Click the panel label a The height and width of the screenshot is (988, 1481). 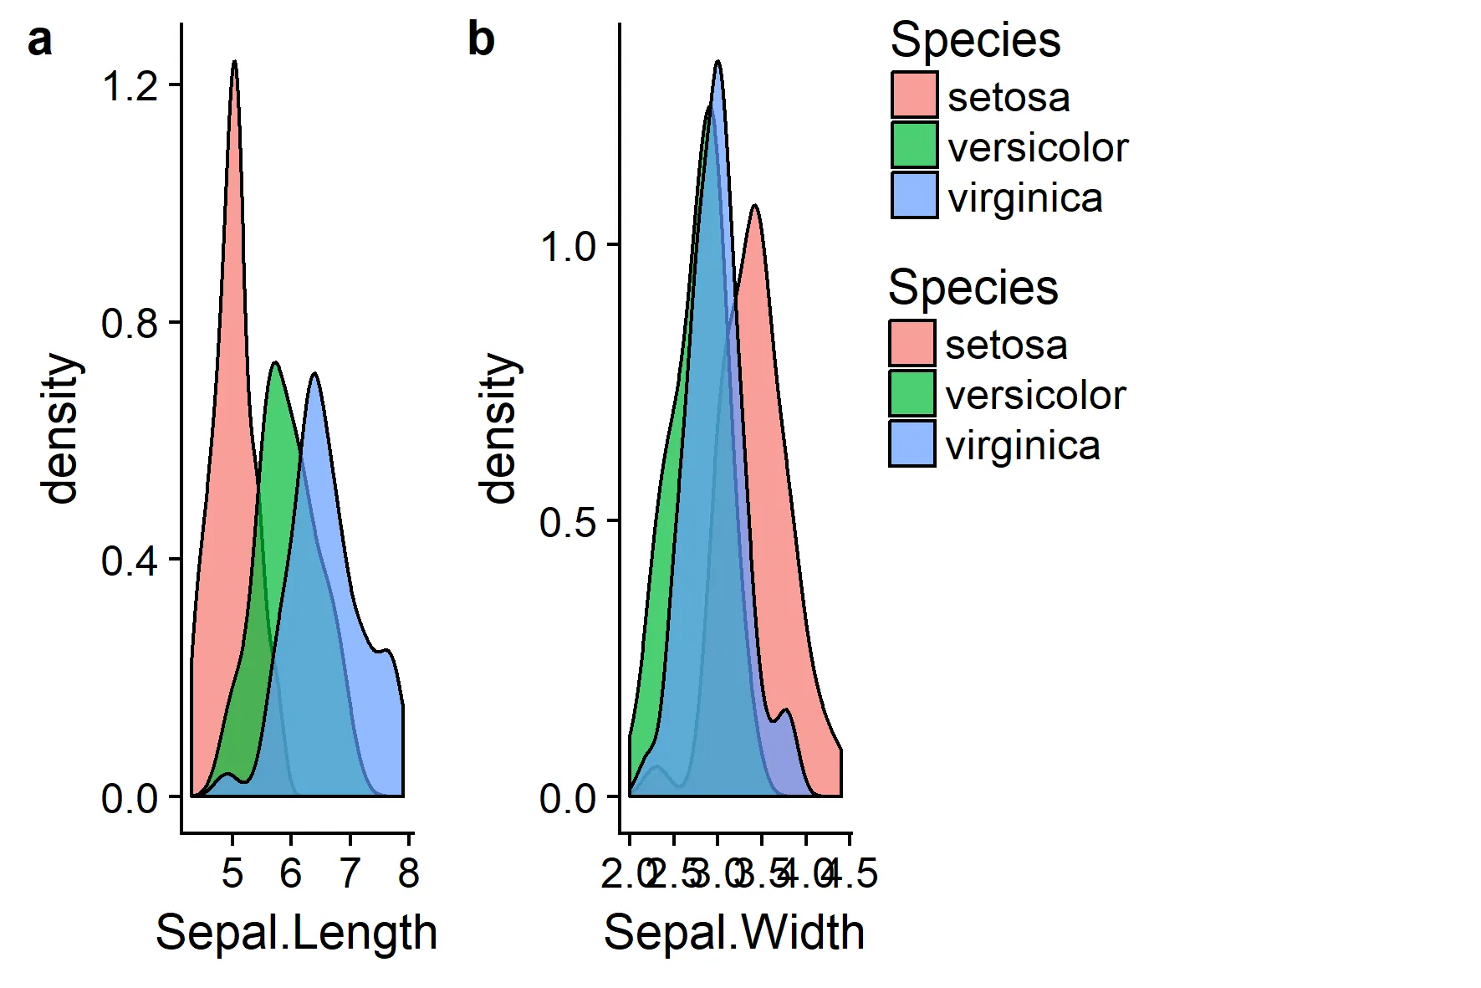39,41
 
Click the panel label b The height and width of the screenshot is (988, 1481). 481,40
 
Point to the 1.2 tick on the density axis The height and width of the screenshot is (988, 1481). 130,85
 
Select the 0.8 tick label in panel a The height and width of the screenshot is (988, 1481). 130,323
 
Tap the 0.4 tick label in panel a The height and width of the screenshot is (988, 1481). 130,561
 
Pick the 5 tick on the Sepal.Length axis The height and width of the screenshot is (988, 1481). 232,873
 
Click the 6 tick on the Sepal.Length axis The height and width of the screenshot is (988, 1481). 291,873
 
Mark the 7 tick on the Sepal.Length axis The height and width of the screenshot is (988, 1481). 350,873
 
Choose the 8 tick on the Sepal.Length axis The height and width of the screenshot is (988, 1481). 408,873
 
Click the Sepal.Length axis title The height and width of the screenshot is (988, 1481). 296,932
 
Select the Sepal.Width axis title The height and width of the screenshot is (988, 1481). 733,932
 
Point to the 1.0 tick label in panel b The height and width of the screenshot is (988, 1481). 568,246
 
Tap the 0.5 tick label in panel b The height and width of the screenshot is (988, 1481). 568,522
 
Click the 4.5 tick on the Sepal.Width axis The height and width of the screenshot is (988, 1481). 853,873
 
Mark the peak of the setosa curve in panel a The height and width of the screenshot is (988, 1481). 234,62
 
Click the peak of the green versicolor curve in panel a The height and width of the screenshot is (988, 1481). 274,363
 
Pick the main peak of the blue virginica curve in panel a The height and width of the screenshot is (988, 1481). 314,374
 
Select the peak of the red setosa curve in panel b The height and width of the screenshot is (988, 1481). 755,205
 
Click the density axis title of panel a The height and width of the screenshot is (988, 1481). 62,428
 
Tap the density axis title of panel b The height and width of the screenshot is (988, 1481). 500,428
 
